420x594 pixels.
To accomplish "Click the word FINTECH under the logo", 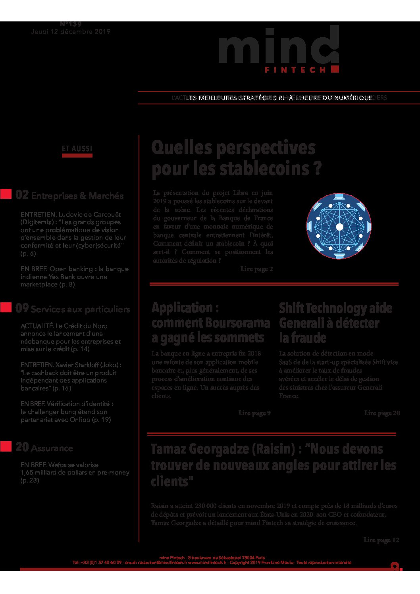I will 295,70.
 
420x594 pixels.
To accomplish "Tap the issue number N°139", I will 71,25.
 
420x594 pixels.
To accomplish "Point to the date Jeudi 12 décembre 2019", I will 71,32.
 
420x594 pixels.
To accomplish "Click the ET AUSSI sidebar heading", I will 77,149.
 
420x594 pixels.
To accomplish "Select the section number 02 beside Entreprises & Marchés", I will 22,195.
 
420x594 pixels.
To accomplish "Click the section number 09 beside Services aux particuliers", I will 22,308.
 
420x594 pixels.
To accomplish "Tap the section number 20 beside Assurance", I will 22,447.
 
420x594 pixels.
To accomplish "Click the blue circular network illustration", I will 339,227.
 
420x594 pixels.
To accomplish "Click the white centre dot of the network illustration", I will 339,227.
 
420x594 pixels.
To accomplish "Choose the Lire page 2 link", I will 256,269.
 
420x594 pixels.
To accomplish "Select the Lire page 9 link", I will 254,413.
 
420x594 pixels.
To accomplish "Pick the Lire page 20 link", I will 382,413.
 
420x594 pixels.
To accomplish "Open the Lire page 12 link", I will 381,540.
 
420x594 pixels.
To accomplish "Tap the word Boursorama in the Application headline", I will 240,323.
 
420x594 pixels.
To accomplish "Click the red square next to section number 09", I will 6,308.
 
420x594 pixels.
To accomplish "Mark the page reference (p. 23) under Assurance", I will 30,481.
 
